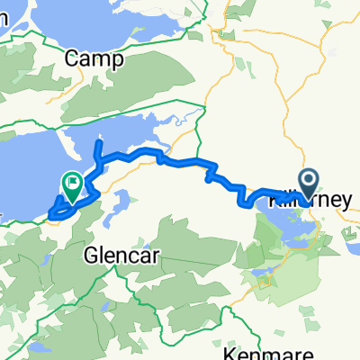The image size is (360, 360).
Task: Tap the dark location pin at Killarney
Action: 309,184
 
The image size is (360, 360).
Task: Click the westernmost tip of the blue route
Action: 50,214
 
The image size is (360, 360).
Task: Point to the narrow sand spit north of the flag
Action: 67,144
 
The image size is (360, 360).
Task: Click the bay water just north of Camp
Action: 99,27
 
